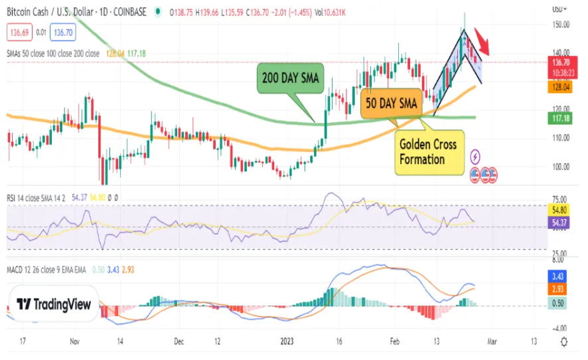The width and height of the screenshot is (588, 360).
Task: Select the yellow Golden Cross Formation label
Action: tap(428, 153)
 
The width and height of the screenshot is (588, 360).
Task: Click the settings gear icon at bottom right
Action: tap(563, 341)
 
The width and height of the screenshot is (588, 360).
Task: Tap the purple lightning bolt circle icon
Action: tap(476, 157)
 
